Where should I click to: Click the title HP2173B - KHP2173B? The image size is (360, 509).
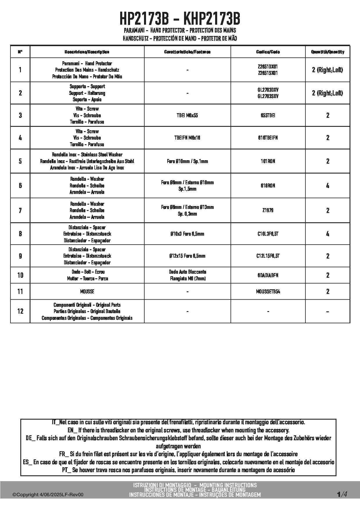(180, 19)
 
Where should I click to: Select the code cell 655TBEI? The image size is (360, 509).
(268, 115)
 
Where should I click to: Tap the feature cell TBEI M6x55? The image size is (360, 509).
(187, 115)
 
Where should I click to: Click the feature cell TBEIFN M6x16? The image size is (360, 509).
(187, 138)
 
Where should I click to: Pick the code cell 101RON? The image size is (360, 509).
(268, 161)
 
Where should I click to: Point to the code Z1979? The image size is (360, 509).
(268, 210)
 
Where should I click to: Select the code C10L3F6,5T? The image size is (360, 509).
(268, 234)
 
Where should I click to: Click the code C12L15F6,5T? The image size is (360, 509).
(268, 256)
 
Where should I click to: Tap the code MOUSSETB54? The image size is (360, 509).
(268, 292)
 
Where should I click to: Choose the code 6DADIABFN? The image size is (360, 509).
(268, 275)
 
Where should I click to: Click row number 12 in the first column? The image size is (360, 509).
(20, 311)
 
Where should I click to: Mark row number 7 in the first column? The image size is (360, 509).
(20, 210)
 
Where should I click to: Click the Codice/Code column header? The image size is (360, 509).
(268, 52)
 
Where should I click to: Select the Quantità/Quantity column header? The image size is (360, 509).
(327, 52)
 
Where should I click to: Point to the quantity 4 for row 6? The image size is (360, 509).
(327, 186)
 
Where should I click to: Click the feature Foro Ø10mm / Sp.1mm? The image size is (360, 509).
(187, 161)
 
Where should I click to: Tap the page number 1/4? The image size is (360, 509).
(342, 494)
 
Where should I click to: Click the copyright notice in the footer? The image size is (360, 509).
(48, 495)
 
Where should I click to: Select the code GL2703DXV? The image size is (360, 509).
(268, 90)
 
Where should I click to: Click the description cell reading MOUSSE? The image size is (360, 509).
(87, 292)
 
